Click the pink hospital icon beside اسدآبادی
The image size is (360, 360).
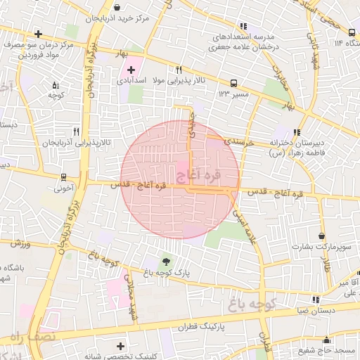coord(131,70)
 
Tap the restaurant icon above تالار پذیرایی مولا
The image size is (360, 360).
coord(179,70)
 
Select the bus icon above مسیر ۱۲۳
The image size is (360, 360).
coord(234,82)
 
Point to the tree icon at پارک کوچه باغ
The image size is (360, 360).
coord(166,261)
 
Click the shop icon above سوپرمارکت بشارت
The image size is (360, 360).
coord(322,236)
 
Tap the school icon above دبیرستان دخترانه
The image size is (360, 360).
coord(297,131)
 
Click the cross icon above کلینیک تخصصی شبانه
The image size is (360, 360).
coord(121,345)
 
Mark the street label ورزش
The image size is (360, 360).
coord(22,244)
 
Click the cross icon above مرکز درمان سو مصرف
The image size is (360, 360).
coord(37,34)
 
